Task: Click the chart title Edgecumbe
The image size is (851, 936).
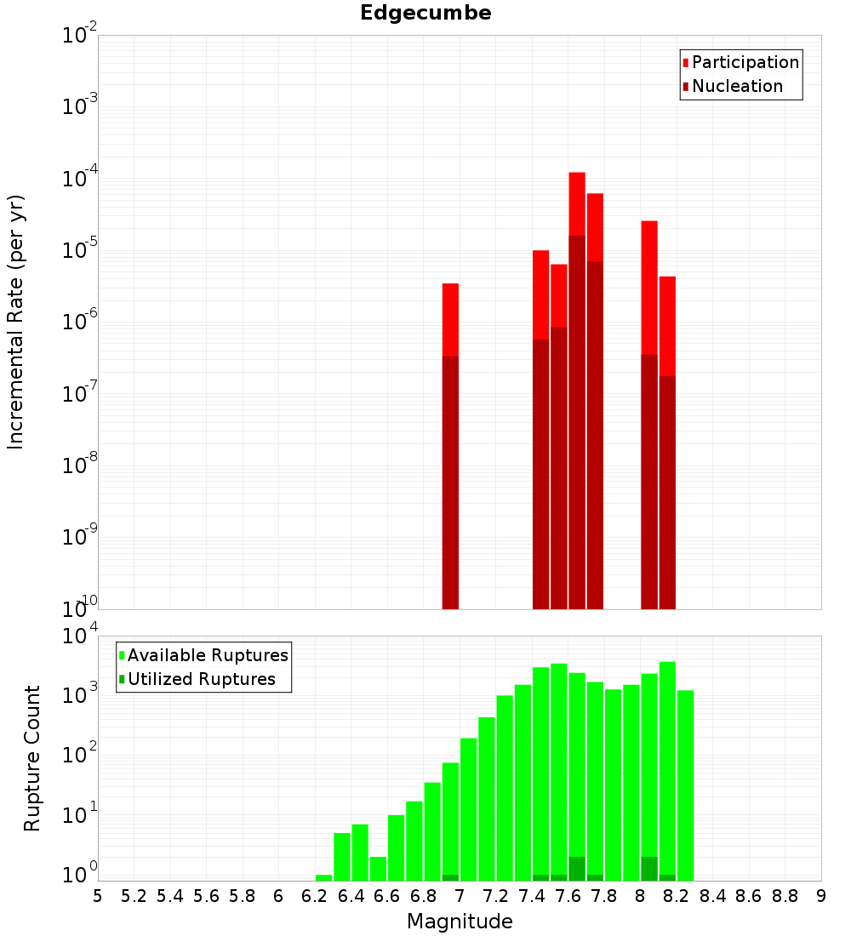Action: tap(425, 14)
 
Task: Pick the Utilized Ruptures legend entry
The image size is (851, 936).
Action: tap(201, 679)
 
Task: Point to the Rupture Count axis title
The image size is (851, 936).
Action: tap(32, 757)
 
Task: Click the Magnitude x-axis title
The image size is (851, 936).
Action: tap(460, 922)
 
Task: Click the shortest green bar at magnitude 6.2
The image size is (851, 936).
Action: tap(323, 877)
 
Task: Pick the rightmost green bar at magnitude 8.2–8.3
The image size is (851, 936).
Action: tap(686, 783)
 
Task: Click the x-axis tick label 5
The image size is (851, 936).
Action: tap(98, 896)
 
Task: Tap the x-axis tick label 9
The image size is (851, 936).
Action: tap(821, 896)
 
